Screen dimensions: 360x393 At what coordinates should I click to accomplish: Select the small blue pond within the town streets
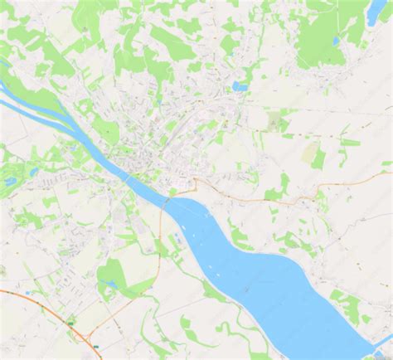[240, 85]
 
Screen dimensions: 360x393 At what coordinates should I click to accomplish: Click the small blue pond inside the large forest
[336, 40]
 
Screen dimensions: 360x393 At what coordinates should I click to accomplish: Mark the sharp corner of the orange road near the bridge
[196, 181]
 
